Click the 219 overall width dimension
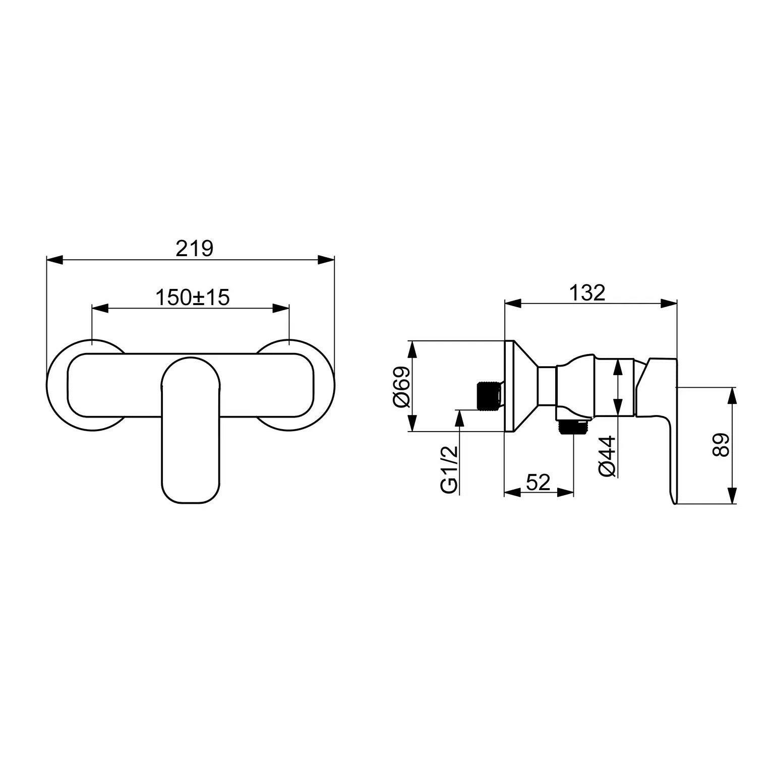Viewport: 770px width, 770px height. coord(195,249)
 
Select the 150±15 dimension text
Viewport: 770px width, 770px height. coord(192,298)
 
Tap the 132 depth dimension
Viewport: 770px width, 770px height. coord(587,292)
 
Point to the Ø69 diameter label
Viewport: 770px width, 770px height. coord(401,386)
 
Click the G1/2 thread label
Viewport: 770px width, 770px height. coord(449,469)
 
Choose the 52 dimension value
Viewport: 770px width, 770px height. coord(538,483)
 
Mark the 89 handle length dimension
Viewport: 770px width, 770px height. coord(721,445)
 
